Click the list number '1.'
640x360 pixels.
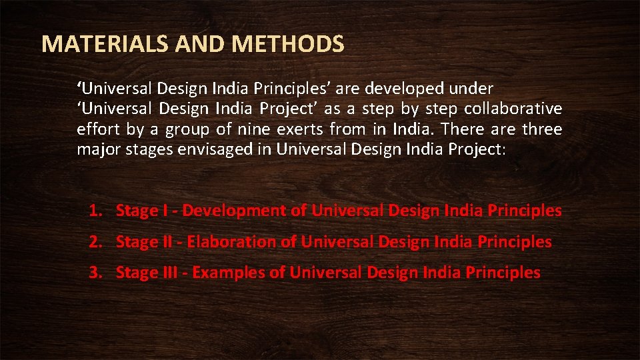pos(95,211)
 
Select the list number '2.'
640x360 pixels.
pos(95,242)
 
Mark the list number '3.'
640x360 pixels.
pos(95,273)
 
